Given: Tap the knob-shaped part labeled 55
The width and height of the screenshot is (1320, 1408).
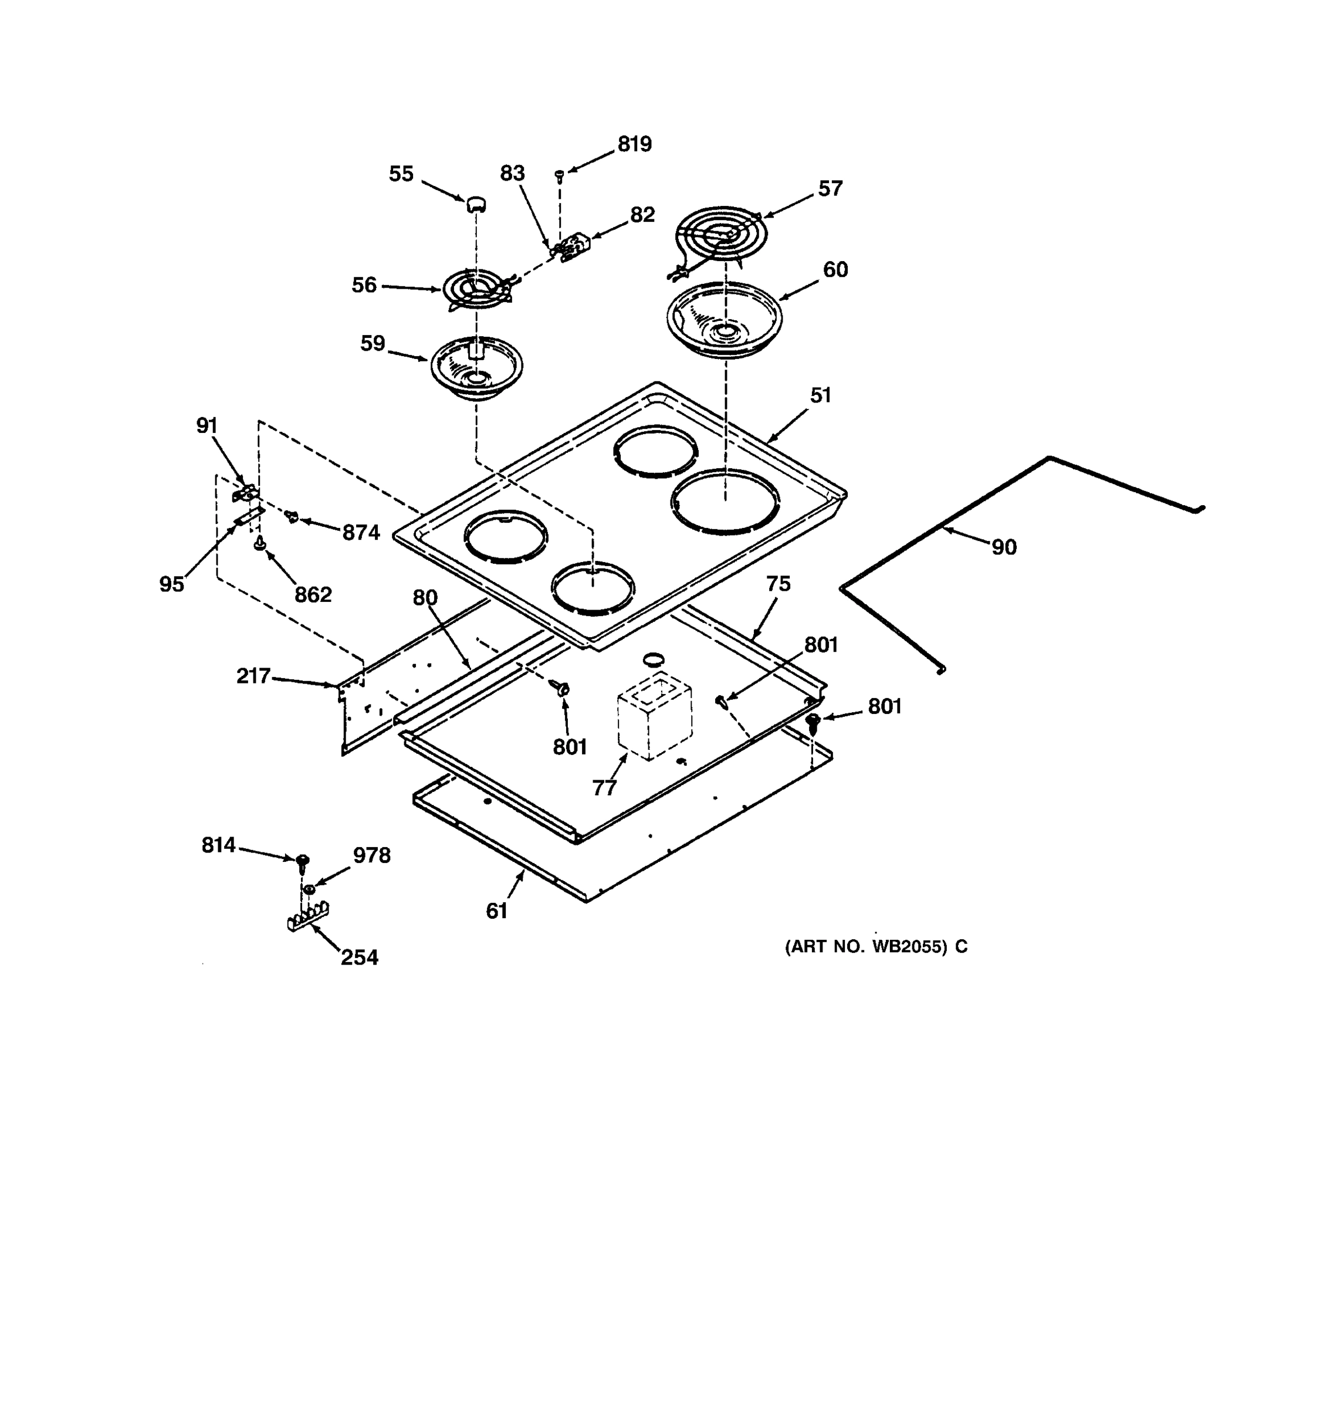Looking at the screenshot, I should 476,204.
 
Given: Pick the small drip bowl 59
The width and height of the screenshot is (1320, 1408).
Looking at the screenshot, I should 476,367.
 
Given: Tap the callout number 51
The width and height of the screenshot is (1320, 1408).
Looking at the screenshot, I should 820,395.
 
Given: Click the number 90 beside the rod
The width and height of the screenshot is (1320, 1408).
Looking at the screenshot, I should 1003,547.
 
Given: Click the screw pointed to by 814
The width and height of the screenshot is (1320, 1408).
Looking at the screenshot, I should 303,861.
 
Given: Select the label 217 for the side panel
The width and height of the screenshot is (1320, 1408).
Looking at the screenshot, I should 253,676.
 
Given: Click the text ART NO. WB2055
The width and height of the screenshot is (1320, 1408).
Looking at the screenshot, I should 866,947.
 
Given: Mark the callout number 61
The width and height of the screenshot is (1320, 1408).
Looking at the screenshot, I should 496,911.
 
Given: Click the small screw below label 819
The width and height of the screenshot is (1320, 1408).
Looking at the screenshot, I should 559,174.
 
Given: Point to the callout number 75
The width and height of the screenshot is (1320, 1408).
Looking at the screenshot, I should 777,584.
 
